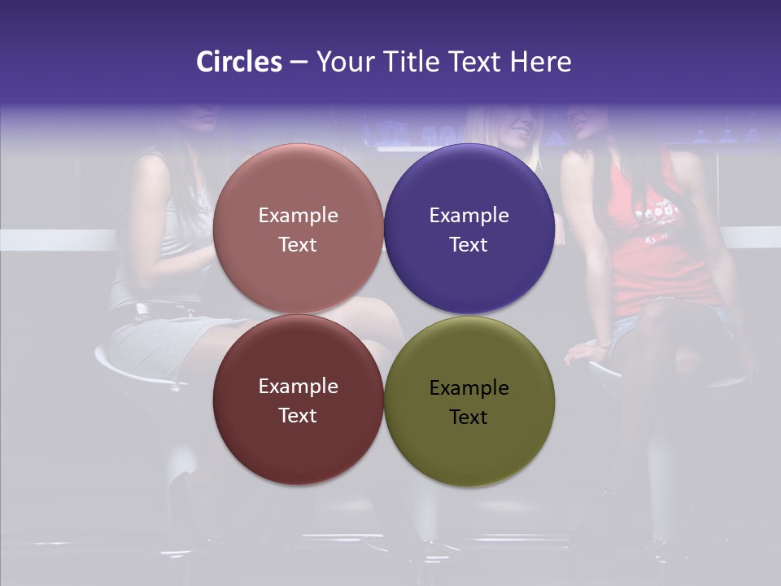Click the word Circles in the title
[239, 62]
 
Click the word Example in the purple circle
[469, 216]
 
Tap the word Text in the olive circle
[469, 418]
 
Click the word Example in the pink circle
[298, 216]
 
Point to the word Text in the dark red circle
[298, 416]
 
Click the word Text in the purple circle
[469, 245]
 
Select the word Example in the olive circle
[469, 388]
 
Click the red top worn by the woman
[663, 260]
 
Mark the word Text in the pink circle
[298, 245]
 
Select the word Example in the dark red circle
[298, 387]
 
